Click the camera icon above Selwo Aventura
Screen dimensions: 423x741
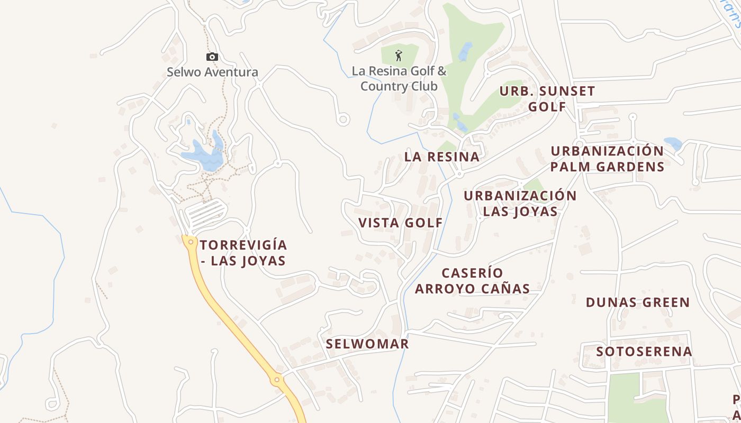pos(212,57)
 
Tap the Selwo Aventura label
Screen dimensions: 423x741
pos(212,72)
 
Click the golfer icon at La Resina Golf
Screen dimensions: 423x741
pos(399,56)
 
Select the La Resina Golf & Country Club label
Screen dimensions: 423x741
pos(399,78)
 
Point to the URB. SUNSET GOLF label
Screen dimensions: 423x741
pos(547,99)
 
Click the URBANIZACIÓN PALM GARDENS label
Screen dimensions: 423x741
pos(607,159)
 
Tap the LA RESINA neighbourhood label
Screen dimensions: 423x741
pos(442,157)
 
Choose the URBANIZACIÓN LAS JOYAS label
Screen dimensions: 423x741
pos(520,204)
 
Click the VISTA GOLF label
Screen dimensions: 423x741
pos(401,223)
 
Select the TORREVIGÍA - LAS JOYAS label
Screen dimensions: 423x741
pos(243,253)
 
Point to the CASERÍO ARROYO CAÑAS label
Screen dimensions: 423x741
pos(472,281)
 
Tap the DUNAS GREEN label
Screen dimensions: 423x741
pos(638,302)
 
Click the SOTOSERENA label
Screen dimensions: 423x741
pos(644,352)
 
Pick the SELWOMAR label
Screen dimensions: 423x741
pos(367,344)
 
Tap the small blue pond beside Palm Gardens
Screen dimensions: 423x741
pos(673,144)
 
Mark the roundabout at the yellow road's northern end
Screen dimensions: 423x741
pos(190,242)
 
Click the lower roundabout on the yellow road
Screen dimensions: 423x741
pos(276,380)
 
